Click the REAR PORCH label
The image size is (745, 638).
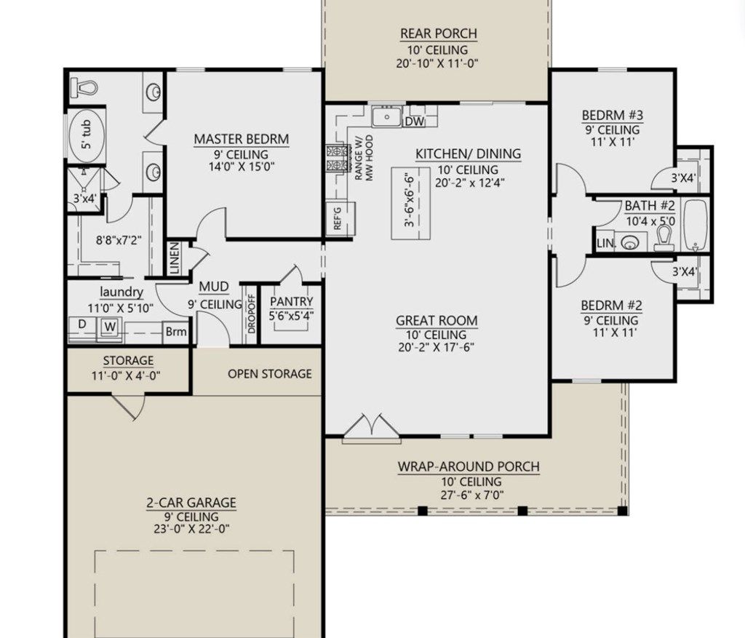438,33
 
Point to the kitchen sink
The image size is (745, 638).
387,116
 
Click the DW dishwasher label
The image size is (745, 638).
414,121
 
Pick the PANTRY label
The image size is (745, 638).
291,302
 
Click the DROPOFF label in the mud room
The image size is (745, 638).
251,314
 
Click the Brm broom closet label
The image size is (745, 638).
175,332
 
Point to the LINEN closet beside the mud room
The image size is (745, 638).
175,258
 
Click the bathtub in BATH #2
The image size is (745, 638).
695,224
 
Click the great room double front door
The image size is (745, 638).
371,428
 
